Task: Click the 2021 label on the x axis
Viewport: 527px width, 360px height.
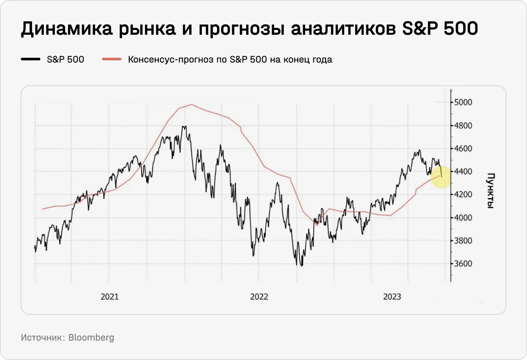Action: click(109, 297)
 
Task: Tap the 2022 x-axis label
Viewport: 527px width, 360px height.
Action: click(259, 297)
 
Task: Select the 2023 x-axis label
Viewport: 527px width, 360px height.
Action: click(392, 297)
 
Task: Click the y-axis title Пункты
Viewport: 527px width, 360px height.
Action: click(490, 191)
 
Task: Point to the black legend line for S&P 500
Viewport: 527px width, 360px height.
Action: click(30, 59)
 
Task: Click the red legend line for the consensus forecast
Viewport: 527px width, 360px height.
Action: click(112, 59)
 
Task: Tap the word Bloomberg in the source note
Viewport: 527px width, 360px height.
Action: click(91, 337)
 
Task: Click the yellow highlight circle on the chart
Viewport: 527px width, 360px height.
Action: click(441, 176)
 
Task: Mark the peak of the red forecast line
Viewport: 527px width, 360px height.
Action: click(191, 105)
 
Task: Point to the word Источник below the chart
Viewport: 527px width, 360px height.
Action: click(43, 337)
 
